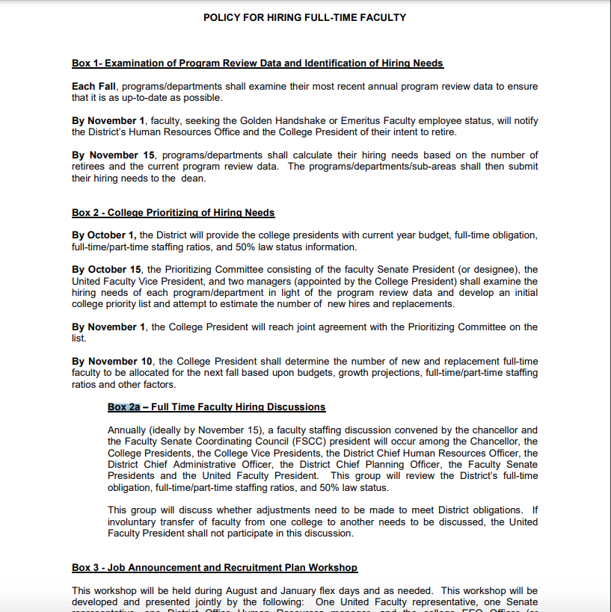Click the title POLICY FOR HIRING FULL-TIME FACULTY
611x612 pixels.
304,17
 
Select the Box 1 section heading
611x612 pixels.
257,64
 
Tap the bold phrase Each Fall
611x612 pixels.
93,87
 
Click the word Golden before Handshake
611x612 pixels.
261,121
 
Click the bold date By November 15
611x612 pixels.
114,155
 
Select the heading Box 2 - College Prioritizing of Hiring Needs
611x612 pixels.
173,213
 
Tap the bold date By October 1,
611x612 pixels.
104,236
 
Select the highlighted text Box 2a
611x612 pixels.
124,407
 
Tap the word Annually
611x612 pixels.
129,430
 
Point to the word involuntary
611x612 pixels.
138,522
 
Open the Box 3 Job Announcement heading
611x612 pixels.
214,568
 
